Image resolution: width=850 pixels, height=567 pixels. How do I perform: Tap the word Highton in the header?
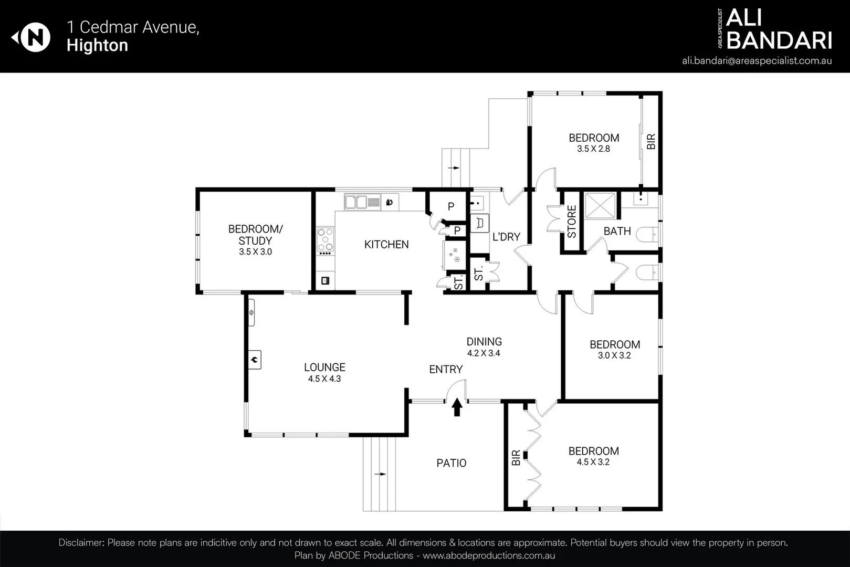point(97,46)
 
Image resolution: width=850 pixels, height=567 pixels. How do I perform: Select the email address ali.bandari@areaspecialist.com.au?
point(757,60)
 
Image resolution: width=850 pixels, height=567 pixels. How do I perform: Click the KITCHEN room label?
point(386,245)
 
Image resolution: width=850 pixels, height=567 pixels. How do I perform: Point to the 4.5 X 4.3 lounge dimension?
point(324,379)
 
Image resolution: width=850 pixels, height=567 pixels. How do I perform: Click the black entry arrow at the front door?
point(457,407)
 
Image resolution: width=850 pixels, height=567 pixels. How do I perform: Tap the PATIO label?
point(451,463)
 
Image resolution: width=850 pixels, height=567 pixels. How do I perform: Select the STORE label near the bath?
point(572,222)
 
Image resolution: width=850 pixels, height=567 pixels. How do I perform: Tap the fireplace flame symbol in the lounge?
point(254,360)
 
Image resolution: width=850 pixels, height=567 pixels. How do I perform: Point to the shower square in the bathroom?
point(600,206)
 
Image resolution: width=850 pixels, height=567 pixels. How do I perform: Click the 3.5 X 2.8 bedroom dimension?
point(593,149)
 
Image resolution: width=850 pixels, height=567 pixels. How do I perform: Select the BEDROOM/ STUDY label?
point(255,235)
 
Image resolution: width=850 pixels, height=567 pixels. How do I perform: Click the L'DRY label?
point(506,237)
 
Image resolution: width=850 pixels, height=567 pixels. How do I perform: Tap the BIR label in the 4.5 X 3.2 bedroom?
point(516,458)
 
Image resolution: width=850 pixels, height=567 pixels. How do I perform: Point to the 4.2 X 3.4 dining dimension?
point(484,353)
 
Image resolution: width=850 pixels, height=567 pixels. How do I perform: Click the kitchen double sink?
point(362,202)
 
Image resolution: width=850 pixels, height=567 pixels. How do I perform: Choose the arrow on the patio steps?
point(380,474)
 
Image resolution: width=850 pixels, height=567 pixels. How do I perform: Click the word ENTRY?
point(446,370)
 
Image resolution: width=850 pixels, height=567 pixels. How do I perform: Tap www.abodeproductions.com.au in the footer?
point(488,555)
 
